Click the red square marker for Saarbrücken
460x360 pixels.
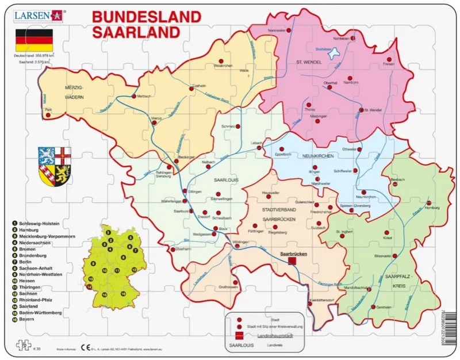pos(293,261)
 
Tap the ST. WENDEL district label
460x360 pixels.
pos(309,62)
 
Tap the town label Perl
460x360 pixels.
pos(49,109)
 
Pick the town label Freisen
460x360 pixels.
pos(389,64)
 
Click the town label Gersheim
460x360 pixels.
pos(384,307)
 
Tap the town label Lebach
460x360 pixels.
pos(256,142)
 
